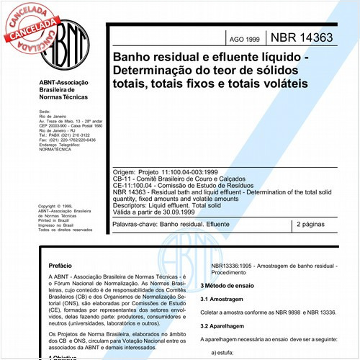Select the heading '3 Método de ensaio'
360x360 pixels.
tap(233, 287)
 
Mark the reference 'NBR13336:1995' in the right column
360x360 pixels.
tap(233, 268)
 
